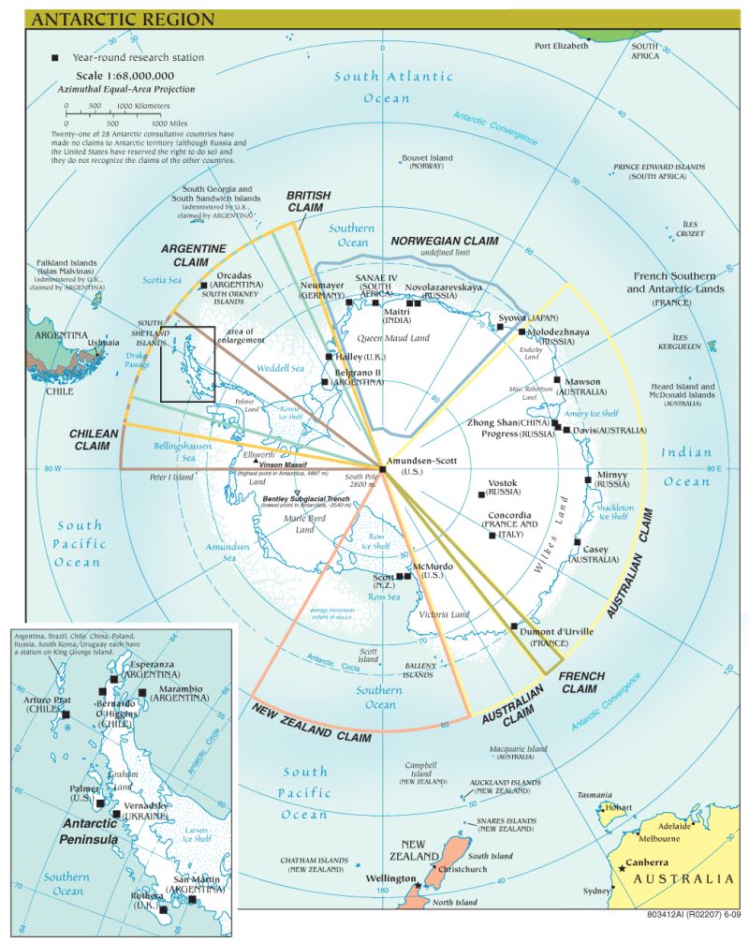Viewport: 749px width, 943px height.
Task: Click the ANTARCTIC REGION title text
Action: click(123, 19)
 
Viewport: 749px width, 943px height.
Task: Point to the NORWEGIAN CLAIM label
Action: click(444, 242)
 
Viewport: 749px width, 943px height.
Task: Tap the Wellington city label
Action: click(390, 877)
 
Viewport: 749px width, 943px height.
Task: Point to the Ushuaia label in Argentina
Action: click(103, 343)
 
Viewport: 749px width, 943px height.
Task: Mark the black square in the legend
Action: click(54, 58)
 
